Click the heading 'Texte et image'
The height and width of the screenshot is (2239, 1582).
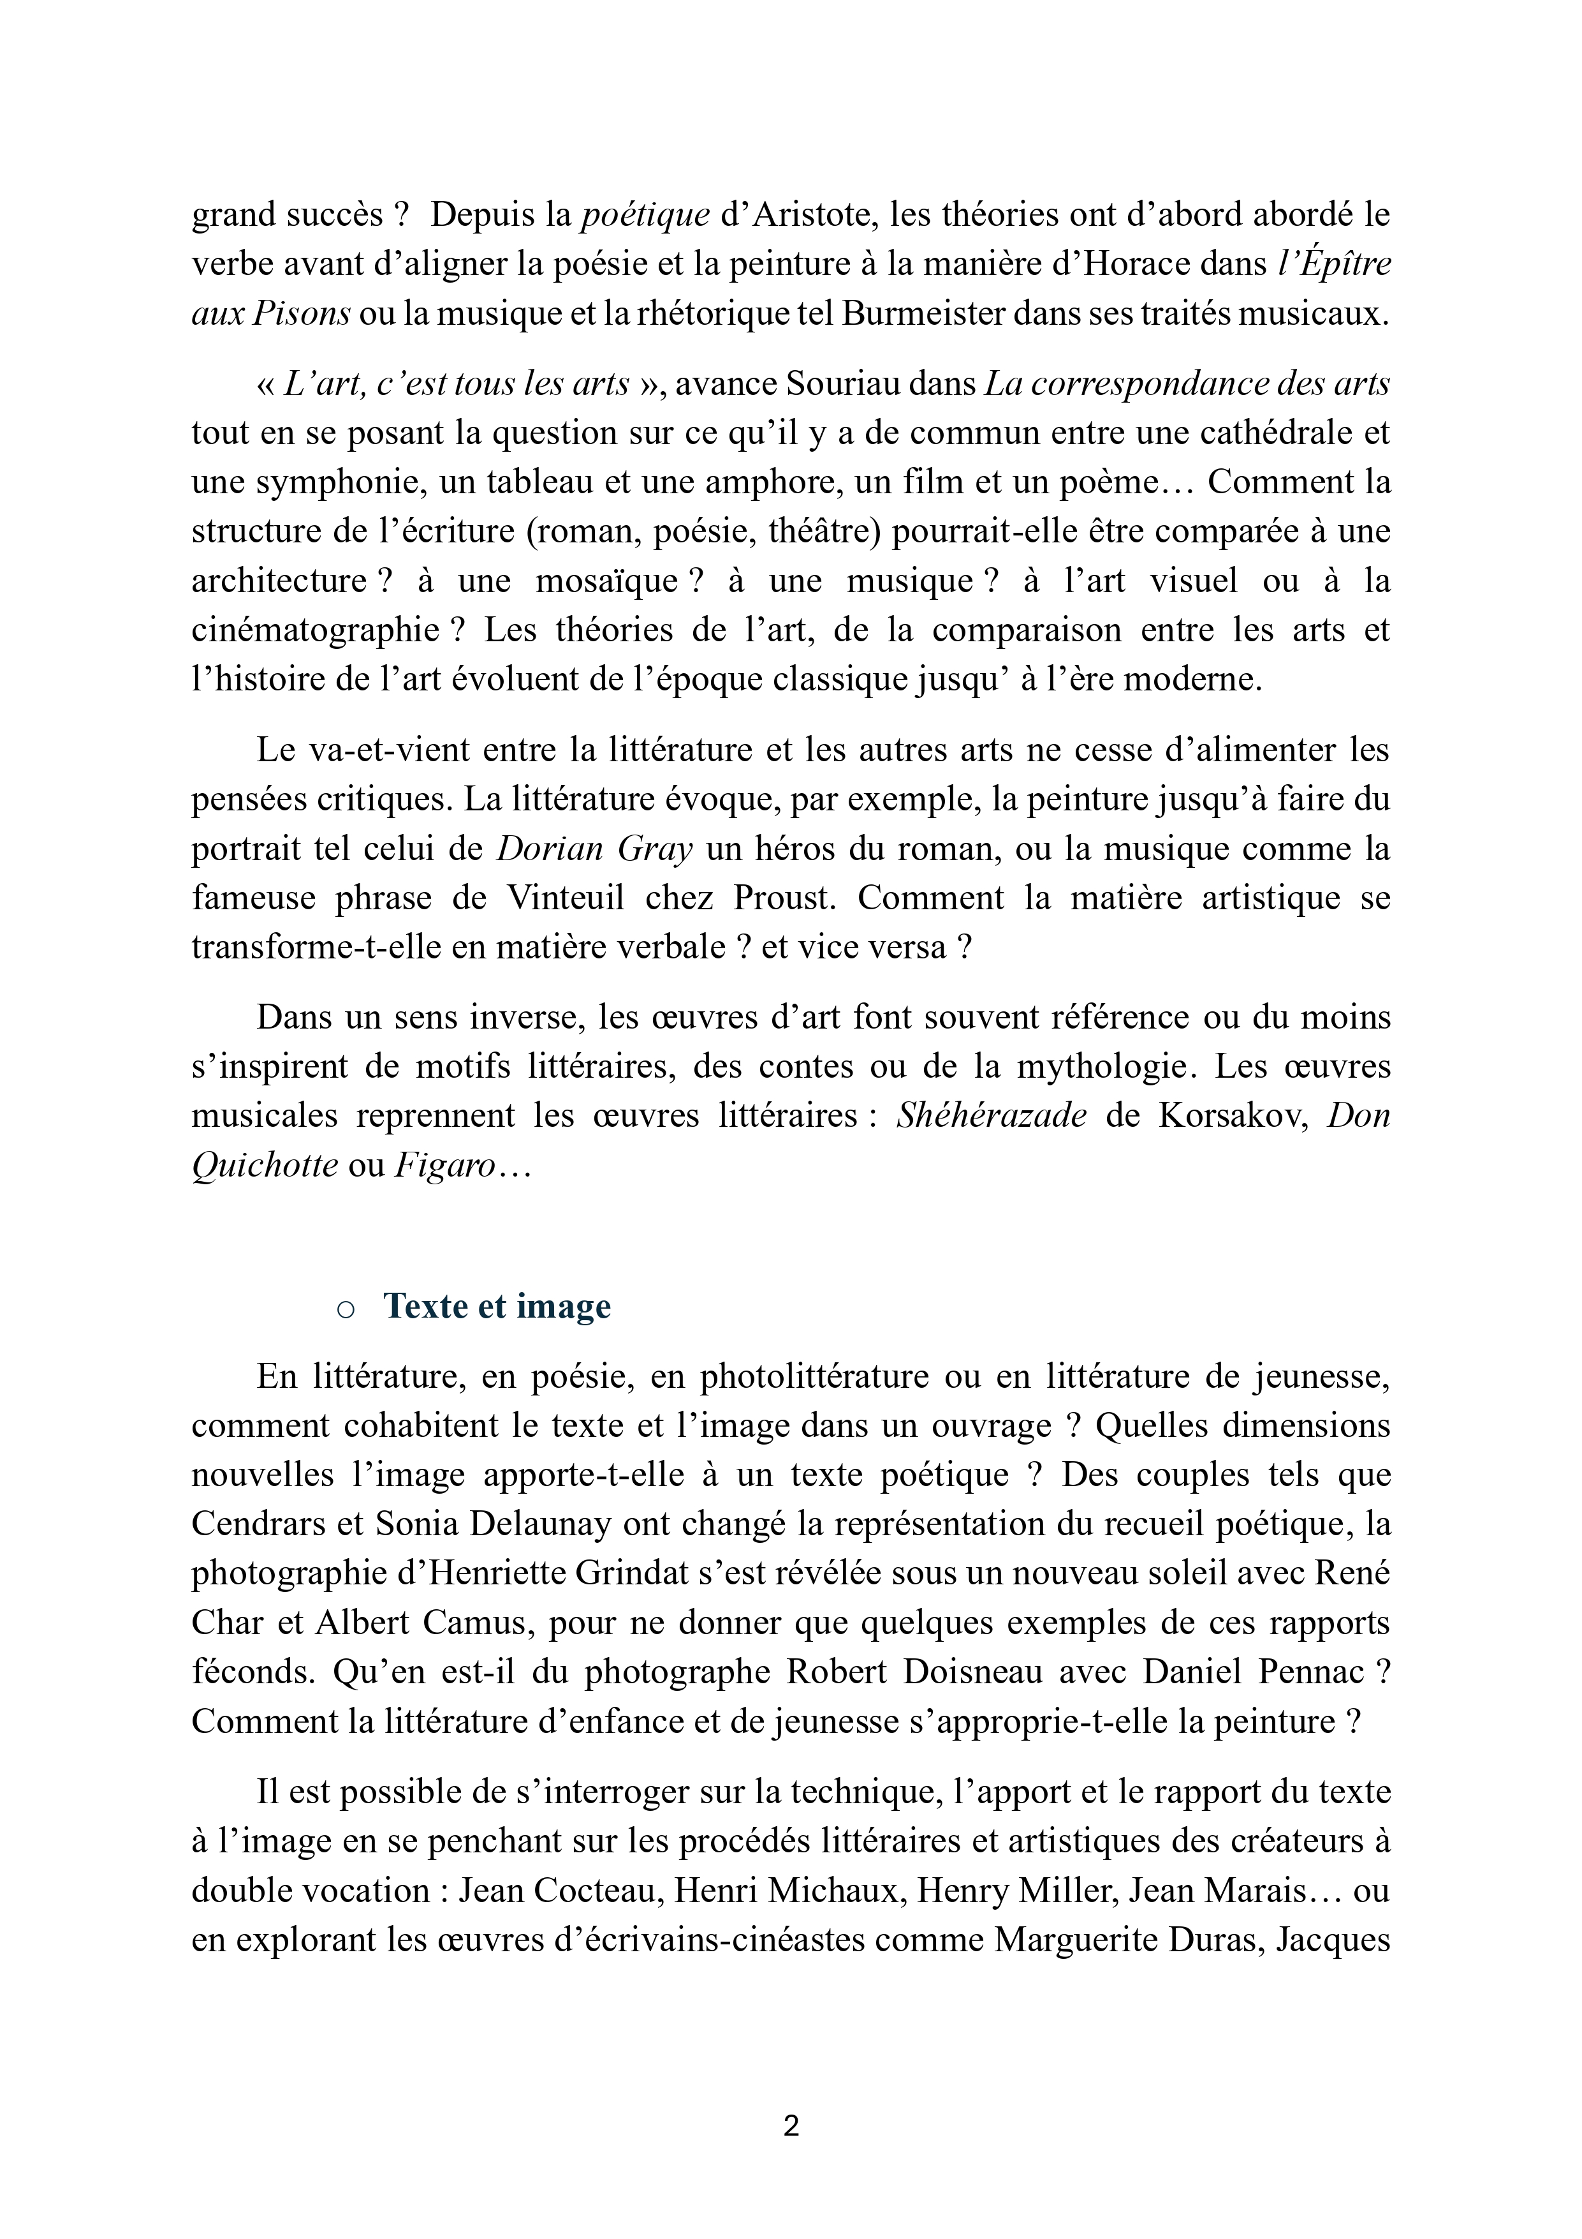pyautogui.click(x=497, y=1305)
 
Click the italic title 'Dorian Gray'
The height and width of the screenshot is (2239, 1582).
pyautogui.click(x=594, y=849)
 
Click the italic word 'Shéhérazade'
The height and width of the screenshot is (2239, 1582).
pyautogui.click(x=990, y=1115)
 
